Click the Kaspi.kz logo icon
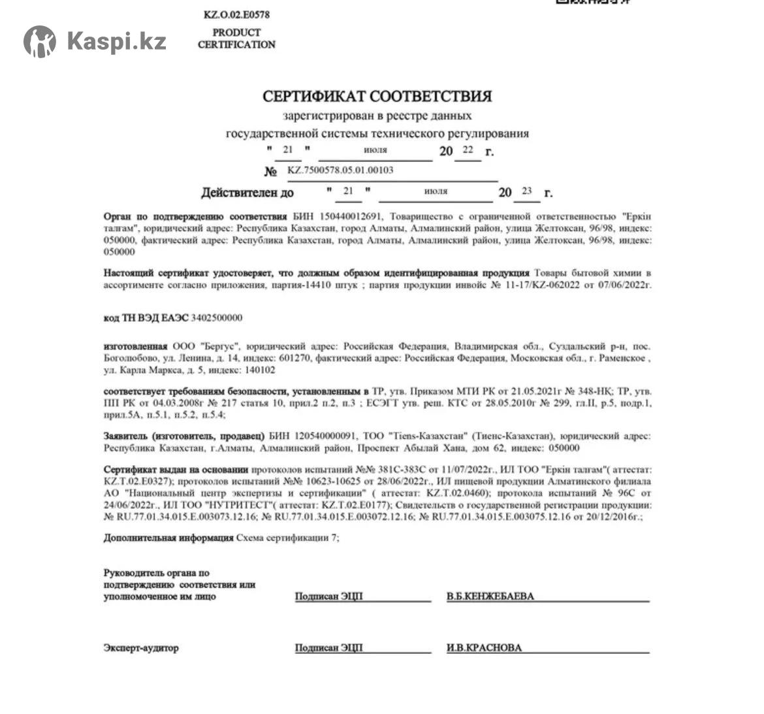click(40, 42)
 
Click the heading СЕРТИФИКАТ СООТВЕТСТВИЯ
click(377, 97)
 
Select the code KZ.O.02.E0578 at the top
click(236, 14)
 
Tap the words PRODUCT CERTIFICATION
click(236, 39)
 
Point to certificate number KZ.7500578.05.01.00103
click(340, 170)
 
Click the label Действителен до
click(247, 193)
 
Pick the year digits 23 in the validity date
click(527, 191)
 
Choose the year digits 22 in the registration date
click(468, 150)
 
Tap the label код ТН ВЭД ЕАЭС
click(146, 318)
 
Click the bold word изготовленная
click(135, 346)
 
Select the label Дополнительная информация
click(168, 538)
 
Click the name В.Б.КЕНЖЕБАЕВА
click(490, 596)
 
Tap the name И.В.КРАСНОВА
click(484, 648)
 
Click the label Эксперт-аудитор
click(140, 648)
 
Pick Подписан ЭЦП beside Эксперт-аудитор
click(328, 648)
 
